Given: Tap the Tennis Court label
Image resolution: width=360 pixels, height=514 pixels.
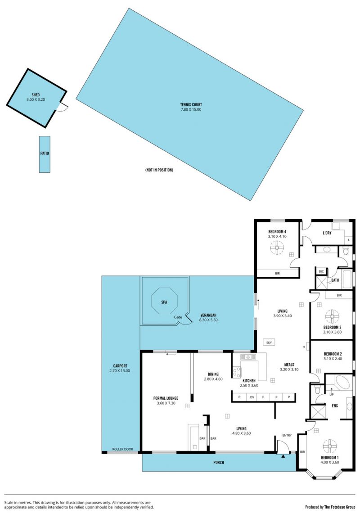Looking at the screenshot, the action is pyautogui.click(x=191, y=105).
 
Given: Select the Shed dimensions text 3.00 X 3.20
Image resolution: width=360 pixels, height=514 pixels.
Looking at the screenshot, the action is pyautogui.click(x=36, y=99).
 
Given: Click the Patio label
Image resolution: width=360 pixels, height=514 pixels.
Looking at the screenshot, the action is pyautogui.click(x=45, y=153).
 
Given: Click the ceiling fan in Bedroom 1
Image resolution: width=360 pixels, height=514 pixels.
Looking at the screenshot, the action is pyautogui.click(x=329, y=446).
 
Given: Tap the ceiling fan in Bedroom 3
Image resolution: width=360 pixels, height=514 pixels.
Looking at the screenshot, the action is pyautogui.click(x=332, y=317).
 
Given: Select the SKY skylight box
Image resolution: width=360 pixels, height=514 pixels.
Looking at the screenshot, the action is pyautogui.click(x=269, y=343).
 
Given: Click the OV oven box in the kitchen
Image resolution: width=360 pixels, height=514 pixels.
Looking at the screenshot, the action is pyautogui.click(x=252, y=397).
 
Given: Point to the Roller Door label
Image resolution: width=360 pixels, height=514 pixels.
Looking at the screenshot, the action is pyautogui.click(x=122, y=449).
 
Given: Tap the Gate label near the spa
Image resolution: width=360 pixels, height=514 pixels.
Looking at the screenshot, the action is pyautogui.click(x=178, y=317).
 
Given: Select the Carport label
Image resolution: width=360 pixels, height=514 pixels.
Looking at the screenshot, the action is pyautogui.click(x=120, y=366).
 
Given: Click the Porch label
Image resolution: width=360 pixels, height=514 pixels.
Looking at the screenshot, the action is pyautogui.click(x=219, y=462).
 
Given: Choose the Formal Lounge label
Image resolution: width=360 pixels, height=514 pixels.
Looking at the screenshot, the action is pyautogui.click(x=166, y=398).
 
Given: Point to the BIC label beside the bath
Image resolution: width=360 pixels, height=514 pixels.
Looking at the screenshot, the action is pyautogui.click(x=321, y=271).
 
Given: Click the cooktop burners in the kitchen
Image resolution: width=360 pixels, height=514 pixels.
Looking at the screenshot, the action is pyautogui.click(x=236, y=372).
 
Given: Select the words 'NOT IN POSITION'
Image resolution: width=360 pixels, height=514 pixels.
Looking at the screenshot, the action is pyautogui.click(x=159, y=170).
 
